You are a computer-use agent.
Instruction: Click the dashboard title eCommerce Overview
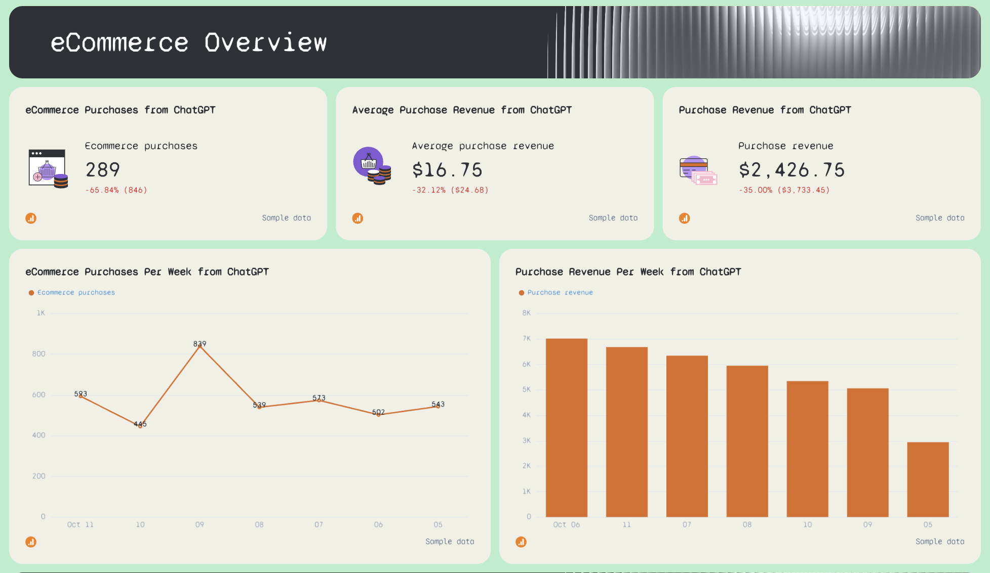pyautogui.click(x=188, y=42)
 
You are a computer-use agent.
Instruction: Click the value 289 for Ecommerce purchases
pyautogui.click(x=103, y=170)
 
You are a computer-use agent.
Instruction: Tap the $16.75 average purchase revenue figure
pyautogui.click(x=447, y=170)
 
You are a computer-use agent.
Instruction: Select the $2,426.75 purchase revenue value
pyautogui.click(x=791, y=170)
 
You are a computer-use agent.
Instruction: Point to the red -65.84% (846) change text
pyautogui.click(x=116, y=190)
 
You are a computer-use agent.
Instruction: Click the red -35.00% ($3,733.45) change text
pyautogui.click(x=784, y=190)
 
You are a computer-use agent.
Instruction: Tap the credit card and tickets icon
pyautogui.click(x=698, y=170)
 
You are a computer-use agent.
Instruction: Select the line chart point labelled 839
pyautogui.click(x=200, y=346)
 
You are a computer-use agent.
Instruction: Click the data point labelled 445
pyautogui.click(x=140, y=426)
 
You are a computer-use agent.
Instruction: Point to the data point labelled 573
pyautogui.click(x=319, y=401)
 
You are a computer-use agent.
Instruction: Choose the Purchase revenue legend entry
pyautogui.click(x=560, y=292)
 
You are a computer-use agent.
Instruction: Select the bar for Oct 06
pyautogui.click(x=566, y=427)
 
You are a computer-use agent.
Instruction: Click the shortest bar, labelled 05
pyautogui.click(x=928, y=479)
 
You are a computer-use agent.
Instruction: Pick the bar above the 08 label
pyautogui.click(x=747, y=441)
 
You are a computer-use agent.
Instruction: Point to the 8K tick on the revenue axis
pyautogui.click(x=526, y=313)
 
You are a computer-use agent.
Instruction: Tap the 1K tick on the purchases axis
pyautogui.click(x=41, y=313)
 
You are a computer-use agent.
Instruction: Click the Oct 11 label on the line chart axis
pyautogui.click(x=80, y=524)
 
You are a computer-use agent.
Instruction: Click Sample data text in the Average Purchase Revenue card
pyautogui.click(x=613, y=218)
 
